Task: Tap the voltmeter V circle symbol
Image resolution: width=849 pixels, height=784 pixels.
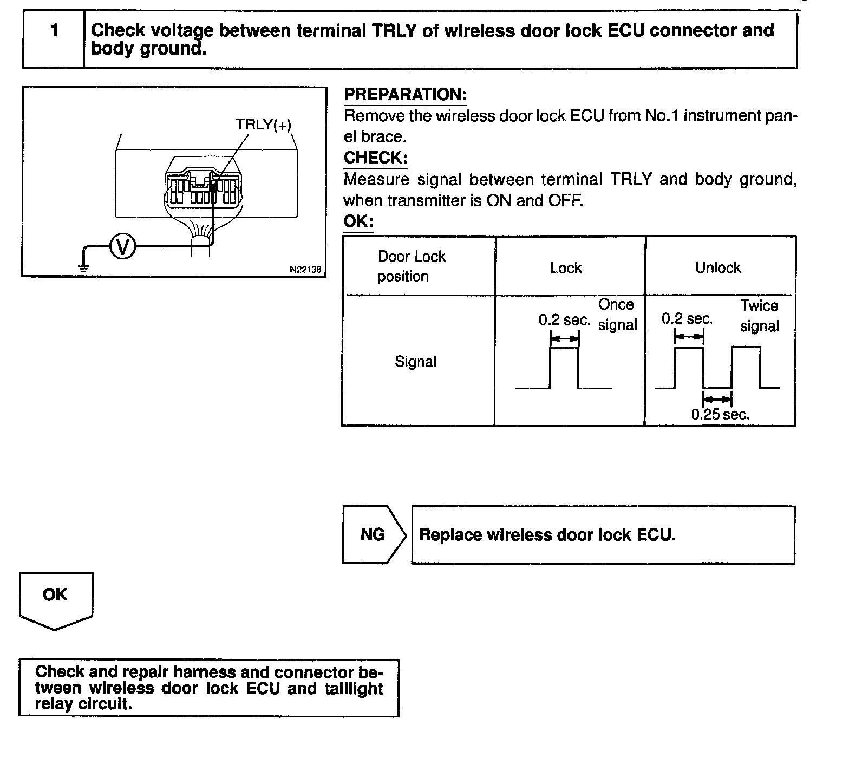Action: [123, 247]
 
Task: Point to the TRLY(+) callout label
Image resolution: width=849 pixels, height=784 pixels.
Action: [263, 125]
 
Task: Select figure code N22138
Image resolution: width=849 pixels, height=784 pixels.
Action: [305, 269]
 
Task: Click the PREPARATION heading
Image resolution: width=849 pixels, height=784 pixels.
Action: [406, 95]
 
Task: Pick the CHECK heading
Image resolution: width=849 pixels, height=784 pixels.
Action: [375, 158]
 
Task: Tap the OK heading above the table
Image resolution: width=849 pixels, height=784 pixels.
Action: [358, 222]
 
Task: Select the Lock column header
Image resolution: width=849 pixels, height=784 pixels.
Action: [566, 268]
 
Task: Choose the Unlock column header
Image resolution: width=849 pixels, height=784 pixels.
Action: [717, 267]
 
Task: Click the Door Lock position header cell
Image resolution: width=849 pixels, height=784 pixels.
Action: [412, 266]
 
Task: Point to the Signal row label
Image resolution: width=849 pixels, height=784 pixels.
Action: [415, 361]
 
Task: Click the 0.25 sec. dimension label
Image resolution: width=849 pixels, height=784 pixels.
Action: [720, 415]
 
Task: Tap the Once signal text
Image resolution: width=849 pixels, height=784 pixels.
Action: [617, 315]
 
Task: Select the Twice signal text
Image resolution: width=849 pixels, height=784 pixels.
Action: [759, 316]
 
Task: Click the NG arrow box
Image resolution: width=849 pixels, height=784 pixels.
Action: [373, 535]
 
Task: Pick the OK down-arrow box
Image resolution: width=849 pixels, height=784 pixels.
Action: [55, 598]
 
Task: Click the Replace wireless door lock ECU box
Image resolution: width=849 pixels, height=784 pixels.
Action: [603, 535]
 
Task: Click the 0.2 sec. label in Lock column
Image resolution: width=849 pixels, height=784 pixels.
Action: [564, 320]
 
